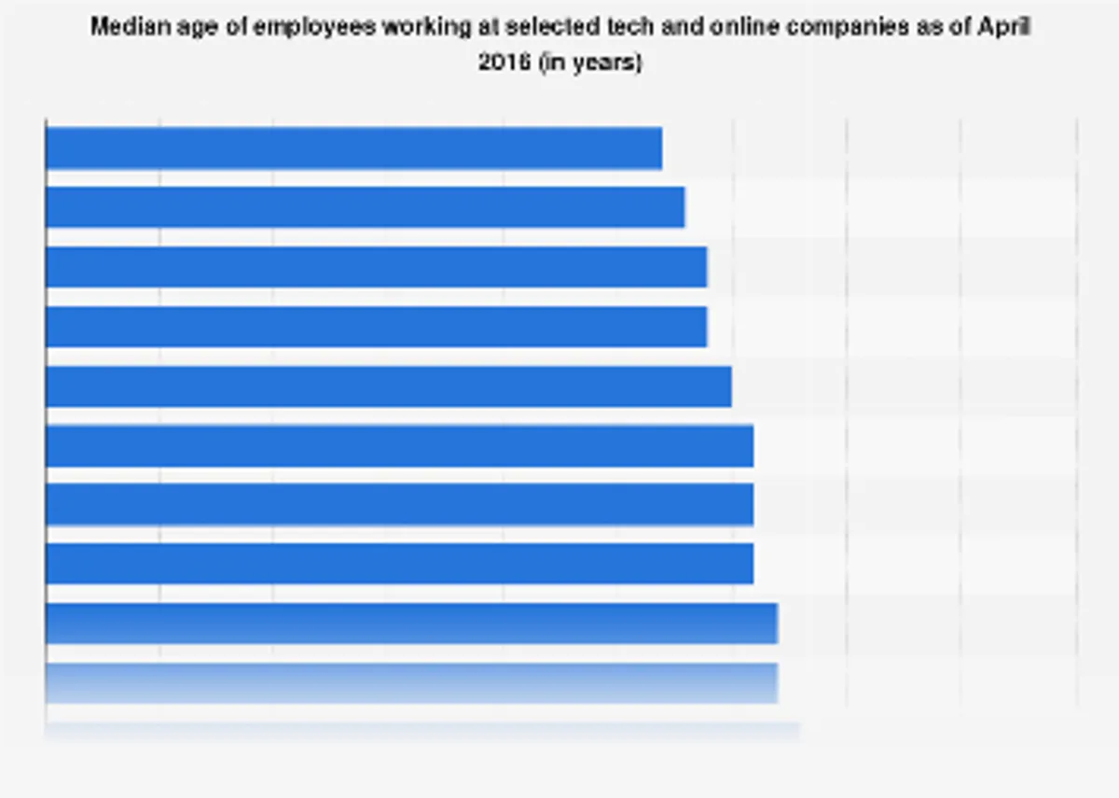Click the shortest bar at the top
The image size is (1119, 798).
pyautogui.click(x=353, y=148)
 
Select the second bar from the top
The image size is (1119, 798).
pyautogui.click(x=365, y=207)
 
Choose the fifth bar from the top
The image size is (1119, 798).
pyautogui.click(x=388, y=386)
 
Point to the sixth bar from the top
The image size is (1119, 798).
pyautogui.click(x=399, y=446)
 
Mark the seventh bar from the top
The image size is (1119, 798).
pyautogui.click(x=399, y=505)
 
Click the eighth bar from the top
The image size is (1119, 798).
pyautogui.click(x=399, y=564)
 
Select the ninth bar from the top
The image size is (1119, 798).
pyautogui.click(x=411, y=623)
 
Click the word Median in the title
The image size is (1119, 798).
pyautogui.click(x=122, y=27)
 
